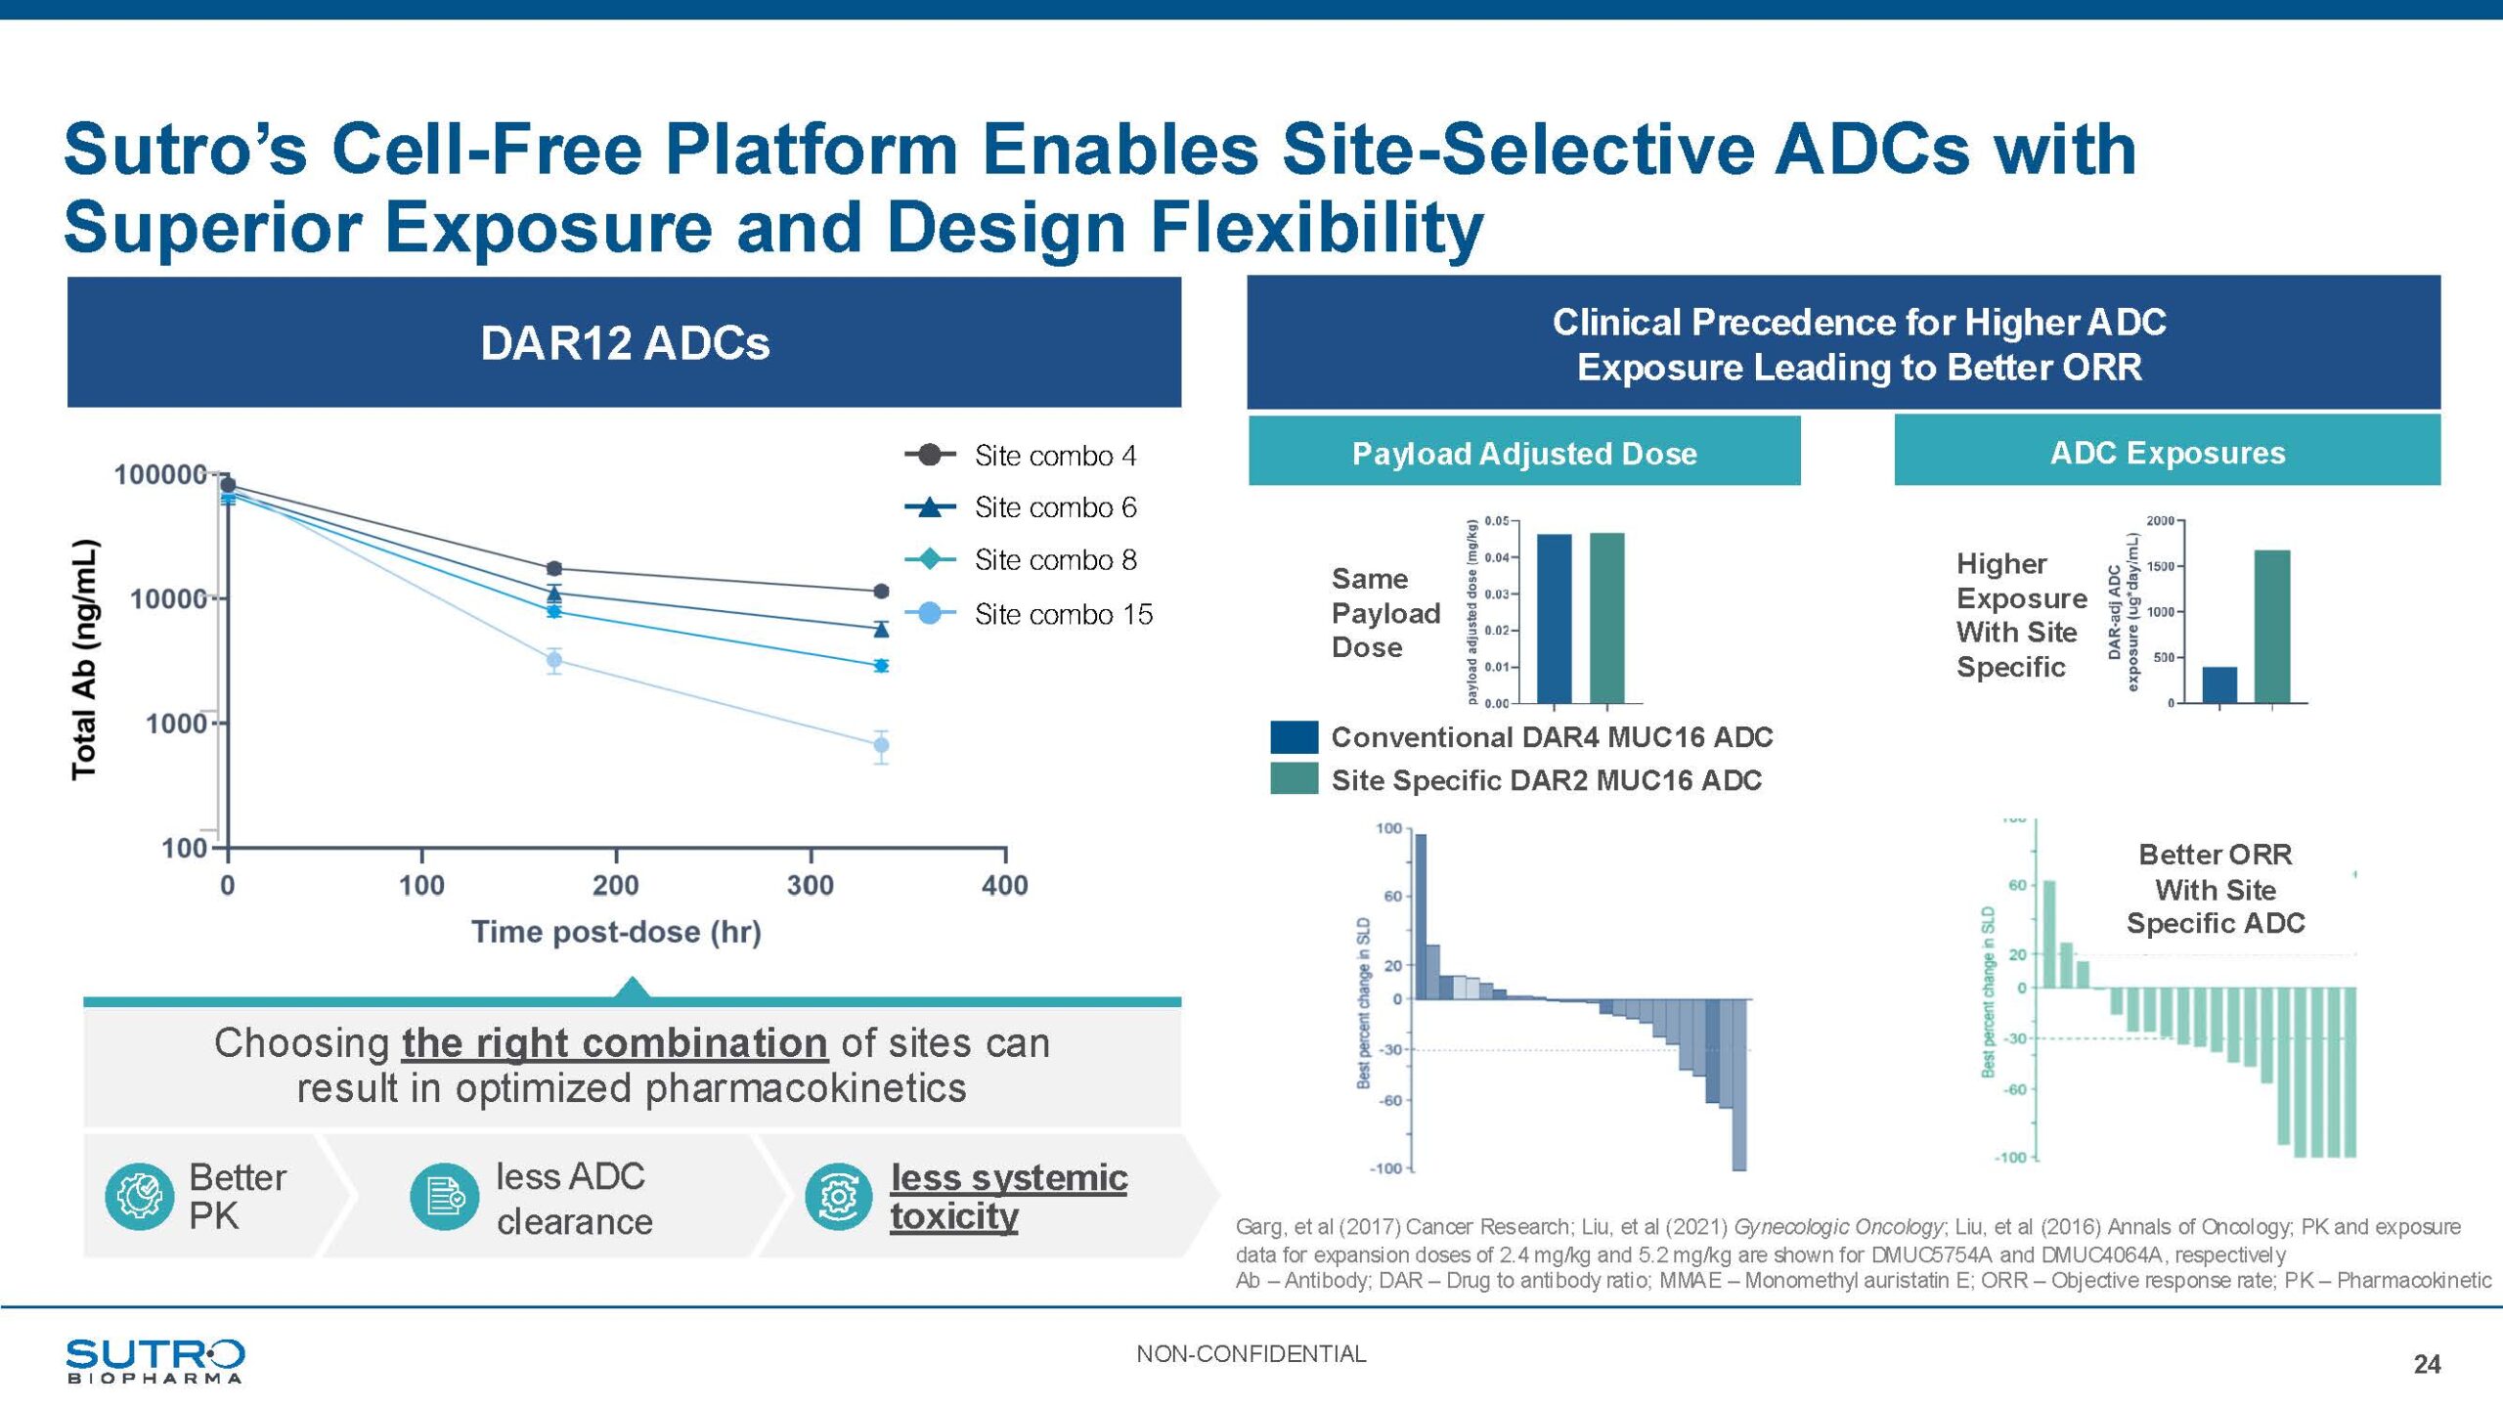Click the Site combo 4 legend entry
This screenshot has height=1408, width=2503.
point(1054,456)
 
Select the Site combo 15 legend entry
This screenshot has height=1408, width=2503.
point(1063,614)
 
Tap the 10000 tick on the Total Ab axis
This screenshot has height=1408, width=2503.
point(169,598)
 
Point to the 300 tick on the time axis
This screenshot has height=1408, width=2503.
point(811,885)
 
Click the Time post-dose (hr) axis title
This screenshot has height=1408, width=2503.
point(616,932)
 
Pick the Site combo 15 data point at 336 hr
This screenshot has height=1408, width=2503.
point(881,746)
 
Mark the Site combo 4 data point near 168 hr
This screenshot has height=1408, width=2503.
point(554,568)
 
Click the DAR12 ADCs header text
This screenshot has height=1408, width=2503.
point(625,343)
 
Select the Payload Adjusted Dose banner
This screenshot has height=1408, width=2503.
point(1523,453)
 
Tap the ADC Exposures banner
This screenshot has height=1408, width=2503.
point(2167,452)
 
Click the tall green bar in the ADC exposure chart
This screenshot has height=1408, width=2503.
point(2271,626)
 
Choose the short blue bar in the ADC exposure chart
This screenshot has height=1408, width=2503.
point(2219,684)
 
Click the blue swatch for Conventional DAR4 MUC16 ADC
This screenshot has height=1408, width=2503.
point(1294,737)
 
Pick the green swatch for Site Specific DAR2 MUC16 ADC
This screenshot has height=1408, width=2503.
point(1294,779)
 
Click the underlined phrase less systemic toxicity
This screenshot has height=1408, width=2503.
point(1008,1197)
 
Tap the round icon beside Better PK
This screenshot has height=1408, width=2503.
point(139,1196)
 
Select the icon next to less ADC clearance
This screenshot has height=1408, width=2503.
point(445,1196)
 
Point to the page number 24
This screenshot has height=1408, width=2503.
point(2427,1365)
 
